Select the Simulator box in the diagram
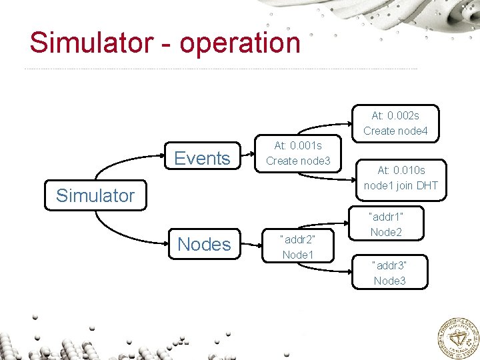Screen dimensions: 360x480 click(95, 195)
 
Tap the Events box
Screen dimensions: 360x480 click(202, 158)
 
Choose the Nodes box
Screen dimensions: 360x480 click(204, 244)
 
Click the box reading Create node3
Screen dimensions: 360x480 click(298, 153)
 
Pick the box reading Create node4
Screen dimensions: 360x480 click(396, 123)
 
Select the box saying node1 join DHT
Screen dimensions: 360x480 click(401, 178)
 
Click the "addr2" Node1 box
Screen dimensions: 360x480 click(298, 247)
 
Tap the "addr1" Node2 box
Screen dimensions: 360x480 click(386, 224)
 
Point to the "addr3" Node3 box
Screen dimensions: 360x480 click(389, 273)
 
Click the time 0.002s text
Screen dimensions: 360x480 click(405, 116)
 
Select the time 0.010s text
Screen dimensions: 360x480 click(410, 171)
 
